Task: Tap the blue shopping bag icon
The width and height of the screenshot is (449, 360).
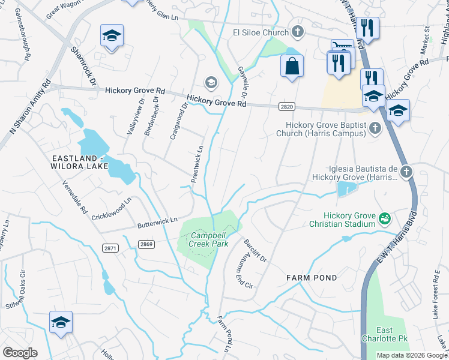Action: click(x=292, y=66)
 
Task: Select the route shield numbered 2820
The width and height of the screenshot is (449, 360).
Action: click(x=287, y=106)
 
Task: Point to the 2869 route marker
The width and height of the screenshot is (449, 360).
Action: click(x=146, y=244)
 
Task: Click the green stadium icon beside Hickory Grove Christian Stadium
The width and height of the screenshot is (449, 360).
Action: click(x=385, y=219)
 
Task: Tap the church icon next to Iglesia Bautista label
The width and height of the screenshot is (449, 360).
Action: click(x=406, y=173)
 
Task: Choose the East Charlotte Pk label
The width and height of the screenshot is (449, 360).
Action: click(x=393, y=335)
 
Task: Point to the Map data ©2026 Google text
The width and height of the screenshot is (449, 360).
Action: click(x=411, y=355)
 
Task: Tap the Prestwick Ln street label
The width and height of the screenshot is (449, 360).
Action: click(x=197, y=164)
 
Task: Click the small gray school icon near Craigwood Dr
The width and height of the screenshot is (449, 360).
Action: click(x=211, y=82)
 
